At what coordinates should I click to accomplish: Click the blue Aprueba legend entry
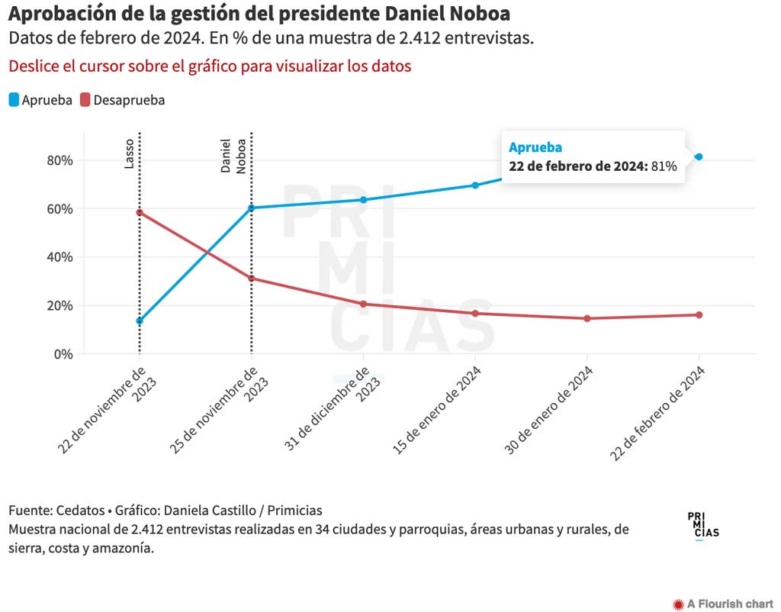coord(41,100)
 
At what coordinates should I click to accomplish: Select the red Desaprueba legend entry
coord(123,100)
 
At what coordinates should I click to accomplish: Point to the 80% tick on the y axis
coord(59,160)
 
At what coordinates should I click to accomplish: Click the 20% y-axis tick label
coord(59,306)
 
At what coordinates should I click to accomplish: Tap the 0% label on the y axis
coord(63,354)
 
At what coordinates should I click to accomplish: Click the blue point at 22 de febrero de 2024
coord(699,157)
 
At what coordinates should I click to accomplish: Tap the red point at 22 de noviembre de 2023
coord(140,212)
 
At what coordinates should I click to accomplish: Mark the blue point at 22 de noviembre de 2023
coord(140,321)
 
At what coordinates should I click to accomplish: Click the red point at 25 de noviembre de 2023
coord(251,279)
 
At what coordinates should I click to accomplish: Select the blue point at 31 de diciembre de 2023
coord(363,200)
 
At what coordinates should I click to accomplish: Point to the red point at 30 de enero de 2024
coord(587,318)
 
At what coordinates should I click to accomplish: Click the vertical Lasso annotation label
coord(129,153)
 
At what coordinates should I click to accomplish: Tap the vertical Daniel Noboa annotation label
coord(233,156)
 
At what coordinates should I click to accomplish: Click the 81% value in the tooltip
coord(664,166)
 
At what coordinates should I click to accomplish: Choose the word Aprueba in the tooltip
coord(535,148)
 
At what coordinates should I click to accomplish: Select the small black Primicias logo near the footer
coord(702,525)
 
